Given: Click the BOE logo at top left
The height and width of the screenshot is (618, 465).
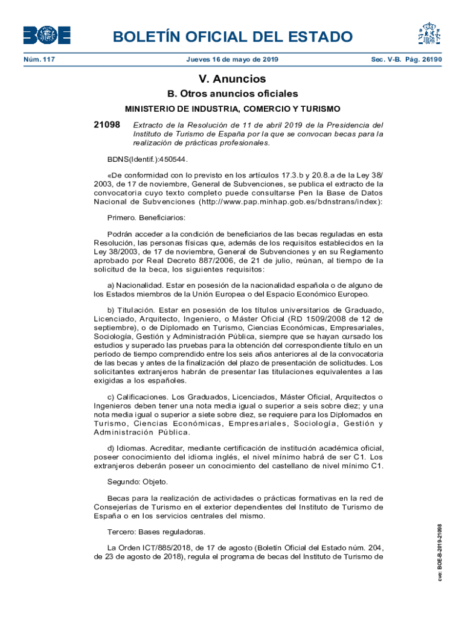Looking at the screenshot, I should coord(46,35).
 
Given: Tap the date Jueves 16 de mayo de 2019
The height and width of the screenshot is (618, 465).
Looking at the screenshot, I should coord(232,60).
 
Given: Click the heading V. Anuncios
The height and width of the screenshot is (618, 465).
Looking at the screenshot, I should coord(232,79).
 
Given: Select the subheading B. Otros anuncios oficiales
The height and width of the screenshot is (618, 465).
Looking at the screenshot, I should coord(232,94).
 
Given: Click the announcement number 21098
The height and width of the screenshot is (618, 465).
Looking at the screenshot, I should coord(106,124).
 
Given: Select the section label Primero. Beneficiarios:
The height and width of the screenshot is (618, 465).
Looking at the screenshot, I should coord(146,217).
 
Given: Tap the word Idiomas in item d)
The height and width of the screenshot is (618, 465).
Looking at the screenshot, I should coord(131,448).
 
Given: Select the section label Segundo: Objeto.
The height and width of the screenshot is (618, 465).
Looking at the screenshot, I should coord(137,482).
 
